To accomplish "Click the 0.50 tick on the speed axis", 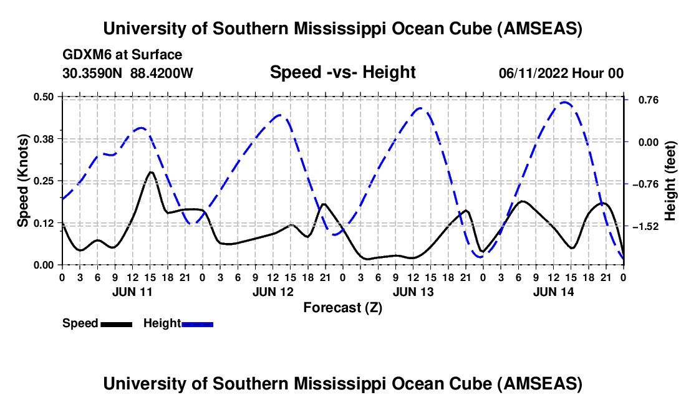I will [x=47, y=96].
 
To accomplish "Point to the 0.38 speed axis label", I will [x=47, y=138].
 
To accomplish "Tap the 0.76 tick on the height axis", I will [x=642, y=100].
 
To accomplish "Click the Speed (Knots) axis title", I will [x=22, y=181].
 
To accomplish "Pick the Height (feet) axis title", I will [x=670, y=181].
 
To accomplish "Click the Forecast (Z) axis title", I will [x=342, y=307].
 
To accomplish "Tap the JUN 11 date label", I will [x=132, y=291].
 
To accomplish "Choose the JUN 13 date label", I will [x=412, y=291].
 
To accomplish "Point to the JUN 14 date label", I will [x=553, y=291].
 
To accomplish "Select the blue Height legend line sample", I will [x=197, y=324].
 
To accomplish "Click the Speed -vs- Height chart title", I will [x=342, y=73].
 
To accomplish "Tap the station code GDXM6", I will [x=86, y=55].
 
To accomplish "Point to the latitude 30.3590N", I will [x=94, y=74].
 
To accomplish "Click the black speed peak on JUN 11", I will [x=151, y=172].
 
